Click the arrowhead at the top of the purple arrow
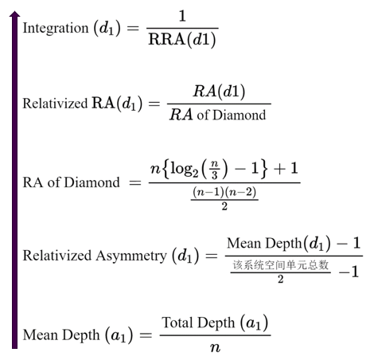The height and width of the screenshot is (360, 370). [14, 14]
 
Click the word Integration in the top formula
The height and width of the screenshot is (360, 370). [56, 29]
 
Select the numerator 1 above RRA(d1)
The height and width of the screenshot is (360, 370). [182, 16]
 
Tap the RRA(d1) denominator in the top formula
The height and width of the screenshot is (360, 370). [182, 40]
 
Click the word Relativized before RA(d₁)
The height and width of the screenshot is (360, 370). [55, 104]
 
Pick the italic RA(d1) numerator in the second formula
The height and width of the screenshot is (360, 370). [219, 92]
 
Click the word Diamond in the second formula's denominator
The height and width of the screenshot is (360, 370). [239, 115]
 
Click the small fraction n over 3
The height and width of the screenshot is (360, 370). [215, 170]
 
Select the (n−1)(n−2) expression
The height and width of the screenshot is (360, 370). [224, 192]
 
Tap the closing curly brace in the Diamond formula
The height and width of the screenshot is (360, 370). [263, 169]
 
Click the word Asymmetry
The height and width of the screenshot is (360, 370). [131, 256]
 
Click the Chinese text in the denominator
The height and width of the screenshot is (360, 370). [281, 265]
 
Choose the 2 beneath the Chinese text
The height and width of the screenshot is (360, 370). [281, 279]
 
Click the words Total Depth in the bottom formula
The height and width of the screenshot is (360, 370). [199, 323]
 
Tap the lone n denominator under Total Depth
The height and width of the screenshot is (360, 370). [215, 347]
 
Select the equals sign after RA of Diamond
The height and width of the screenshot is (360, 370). [135, 182]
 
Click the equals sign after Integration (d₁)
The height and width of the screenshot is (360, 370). [133, 28]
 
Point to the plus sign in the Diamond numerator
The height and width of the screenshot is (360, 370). [279, 169]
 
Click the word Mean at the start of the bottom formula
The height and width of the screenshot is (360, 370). [41, 335]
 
